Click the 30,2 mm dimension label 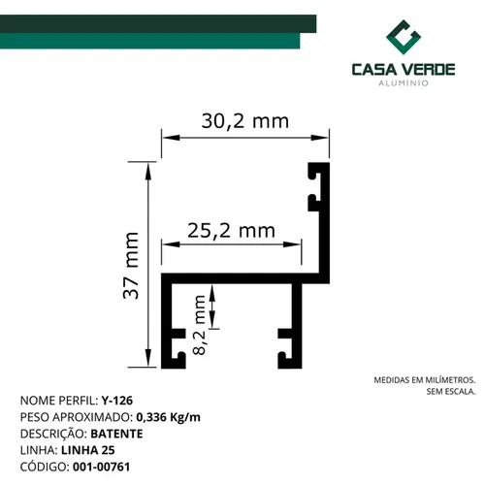coord(245,121)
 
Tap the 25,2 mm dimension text coord(231,231)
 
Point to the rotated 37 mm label coord(131,265)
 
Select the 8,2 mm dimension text coord(199,325)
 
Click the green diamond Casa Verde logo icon coord(404,37)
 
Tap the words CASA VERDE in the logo coord(404,70)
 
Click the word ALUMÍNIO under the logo coord(404,83)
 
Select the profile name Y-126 coord(117,401)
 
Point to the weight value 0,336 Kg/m coord(168,417)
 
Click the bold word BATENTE coord(116,434)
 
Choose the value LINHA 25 coord(88,450)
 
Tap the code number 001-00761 coord(102,467)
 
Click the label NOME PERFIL coord(59,401)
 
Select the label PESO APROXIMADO coord(77,417)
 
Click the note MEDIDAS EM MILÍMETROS coord(425,380)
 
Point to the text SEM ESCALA coord(451,392)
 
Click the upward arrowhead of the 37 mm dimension coord(148,172)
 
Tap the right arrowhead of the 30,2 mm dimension coord(319,138)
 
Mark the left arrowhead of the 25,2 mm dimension coord(171,244)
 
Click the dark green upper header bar coord(158,23)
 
